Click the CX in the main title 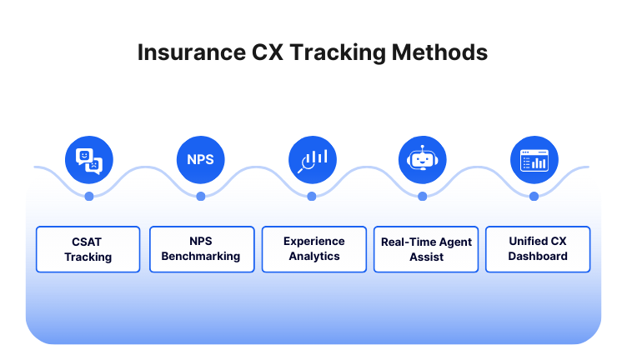pos(268,52)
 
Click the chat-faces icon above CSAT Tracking pos(88,159)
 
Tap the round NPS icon pos(200,159)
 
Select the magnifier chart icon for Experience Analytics pos(312,159)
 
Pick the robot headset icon pos(423,159)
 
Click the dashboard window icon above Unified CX pos(534,159)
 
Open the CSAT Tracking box pos(88,249)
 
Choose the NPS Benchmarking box pos(200,249)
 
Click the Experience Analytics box pos(313,249)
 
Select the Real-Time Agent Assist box pos(426,249)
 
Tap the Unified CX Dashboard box pos(538,249)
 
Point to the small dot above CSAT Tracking pos(89,197)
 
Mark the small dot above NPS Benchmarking pos(201,197)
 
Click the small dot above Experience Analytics pos(312,197)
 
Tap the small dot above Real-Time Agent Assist pos(423,197)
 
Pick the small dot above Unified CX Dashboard pos(534,197)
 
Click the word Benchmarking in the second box pos(200,257)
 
